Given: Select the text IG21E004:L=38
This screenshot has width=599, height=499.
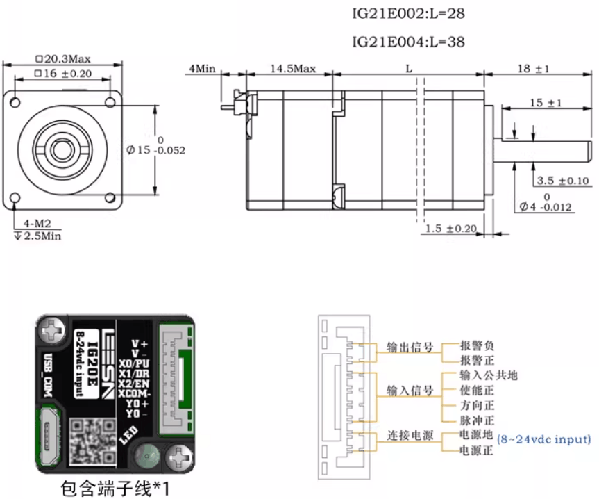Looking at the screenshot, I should [409, 42].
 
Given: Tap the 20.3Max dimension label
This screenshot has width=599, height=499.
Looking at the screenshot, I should [67, 58].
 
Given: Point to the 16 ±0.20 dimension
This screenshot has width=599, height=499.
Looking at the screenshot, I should [67, 73].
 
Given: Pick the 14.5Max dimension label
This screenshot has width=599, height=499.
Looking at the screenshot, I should [293, 69].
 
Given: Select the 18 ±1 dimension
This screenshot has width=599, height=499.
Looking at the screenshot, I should [534, 69].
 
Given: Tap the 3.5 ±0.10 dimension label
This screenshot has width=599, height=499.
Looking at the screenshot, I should [564, 181].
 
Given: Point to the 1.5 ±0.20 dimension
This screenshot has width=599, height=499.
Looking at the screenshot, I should [451, 228].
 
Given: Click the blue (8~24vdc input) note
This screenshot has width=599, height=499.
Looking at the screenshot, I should [544, 439].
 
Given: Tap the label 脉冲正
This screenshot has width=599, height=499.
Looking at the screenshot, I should [478, 420].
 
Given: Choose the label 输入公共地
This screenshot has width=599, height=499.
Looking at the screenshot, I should [489, 375].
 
